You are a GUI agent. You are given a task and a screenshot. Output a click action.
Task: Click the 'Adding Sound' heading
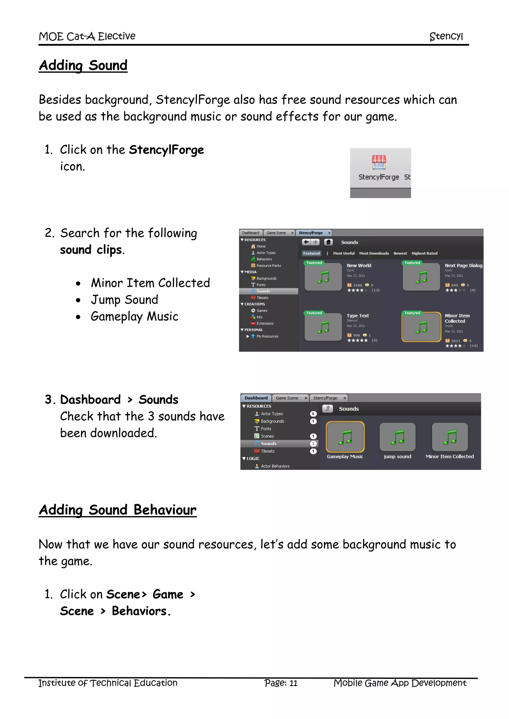click(x=83, y=66)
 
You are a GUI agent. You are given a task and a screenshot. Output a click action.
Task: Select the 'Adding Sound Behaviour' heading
click(x=118, y=510)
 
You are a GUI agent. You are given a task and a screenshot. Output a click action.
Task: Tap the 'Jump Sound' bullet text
click(x=125, y=300)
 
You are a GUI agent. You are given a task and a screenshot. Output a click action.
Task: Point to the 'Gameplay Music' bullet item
click(x=134, y=316)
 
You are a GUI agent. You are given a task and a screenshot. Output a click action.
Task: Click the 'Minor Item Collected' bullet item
click(x=150, y=283)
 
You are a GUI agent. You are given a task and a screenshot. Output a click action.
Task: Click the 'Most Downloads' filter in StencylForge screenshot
click(x=374, y=253)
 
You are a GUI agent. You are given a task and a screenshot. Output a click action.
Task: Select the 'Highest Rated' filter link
click(x=424, y=253)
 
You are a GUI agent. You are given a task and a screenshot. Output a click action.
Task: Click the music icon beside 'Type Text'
click(x=323, y=327)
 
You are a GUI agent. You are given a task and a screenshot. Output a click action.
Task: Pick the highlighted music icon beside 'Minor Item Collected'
click(x=421, y=327)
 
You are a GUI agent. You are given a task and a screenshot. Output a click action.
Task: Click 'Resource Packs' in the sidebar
click(x=269, y=266)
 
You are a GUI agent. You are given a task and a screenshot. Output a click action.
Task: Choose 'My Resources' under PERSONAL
click(x=267, y=336)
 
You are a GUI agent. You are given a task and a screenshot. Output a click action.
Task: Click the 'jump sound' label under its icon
click(x=397, y=457)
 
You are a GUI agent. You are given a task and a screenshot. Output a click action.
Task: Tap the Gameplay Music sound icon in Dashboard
click(x=345, y=437)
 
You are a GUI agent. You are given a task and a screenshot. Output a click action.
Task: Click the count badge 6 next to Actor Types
click(x=313, y=414)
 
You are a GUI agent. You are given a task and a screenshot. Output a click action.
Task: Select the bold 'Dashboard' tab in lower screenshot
click(x=256, y=398)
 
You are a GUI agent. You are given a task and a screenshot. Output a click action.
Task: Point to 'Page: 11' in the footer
click(x=281, y=683)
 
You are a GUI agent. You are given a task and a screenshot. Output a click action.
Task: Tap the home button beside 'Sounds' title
click(x=328, y=242)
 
